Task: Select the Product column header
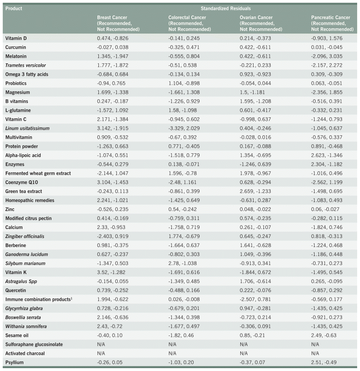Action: [x=14, y=9]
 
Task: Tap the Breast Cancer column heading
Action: [x=117, y=23]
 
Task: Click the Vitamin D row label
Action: [x=16, y=38]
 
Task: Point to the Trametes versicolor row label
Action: [x=26, y=65]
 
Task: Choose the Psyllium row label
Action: [x=15, y=362]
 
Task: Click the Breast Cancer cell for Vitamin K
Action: [x=113, y=272]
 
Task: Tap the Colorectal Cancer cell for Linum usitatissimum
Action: [x=184, y=128]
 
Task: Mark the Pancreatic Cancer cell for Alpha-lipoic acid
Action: [x=326, y=155]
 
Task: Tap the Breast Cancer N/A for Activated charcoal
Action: [x=101, y=353]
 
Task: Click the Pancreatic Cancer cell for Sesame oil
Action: [x=323, y=335]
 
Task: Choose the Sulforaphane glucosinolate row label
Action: [x=34, y=344]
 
